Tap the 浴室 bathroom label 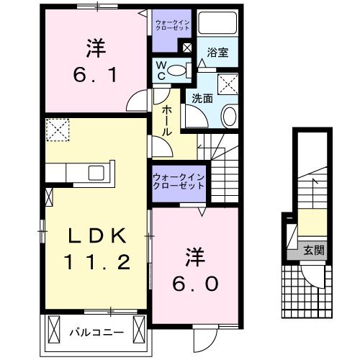[217, 53]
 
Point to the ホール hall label [166, 120]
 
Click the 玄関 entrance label [312, 251]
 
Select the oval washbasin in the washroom [228, 115]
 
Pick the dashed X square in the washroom [230, 84]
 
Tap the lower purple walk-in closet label [177, 181]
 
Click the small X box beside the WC [187, 48]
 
